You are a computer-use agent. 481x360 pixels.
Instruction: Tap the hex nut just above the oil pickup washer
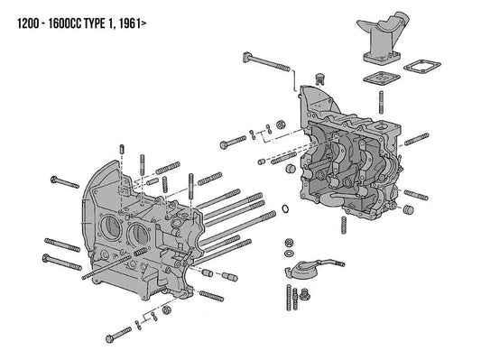pos(291,241)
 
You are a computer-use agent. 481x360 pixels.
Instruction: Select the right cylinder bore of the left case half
pos(141,233)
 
